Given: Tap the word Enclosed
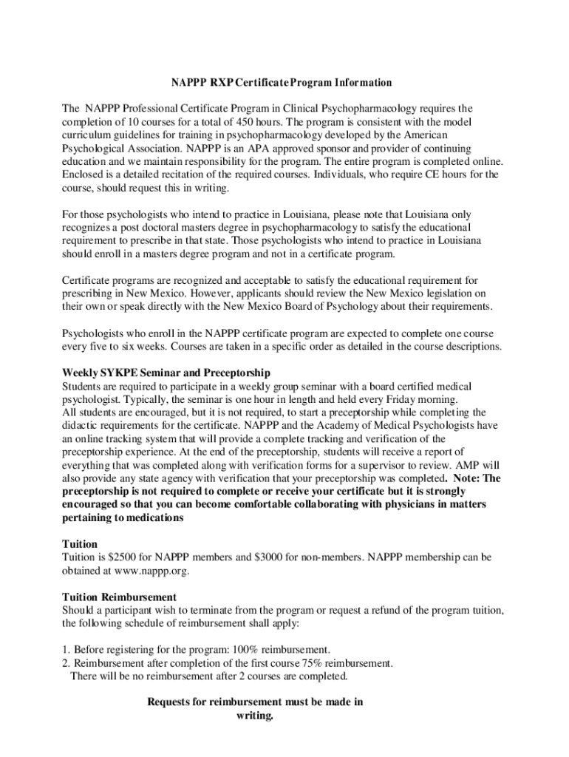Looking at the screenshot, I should [x=84, y=174].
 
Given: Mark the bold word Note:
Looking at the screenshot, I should [x=466, y=478].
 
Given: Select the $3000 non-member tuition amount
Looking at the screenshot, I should [x=256, y=557].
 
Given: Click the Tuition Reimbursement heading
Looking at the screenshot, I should [x=119, y=597].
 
